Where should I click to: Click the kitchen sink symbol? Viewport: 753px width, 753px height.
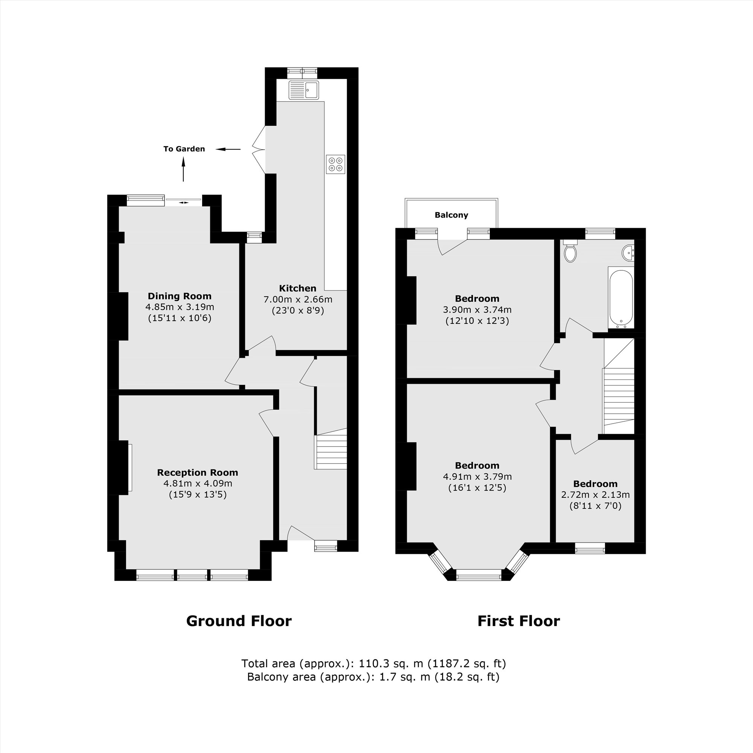tap(303, 90)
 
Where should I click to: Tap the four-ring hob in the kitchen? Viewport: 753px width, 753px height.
tap(335, 164)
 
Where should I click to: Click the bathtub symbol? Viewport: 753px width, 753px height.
tap(621, 298)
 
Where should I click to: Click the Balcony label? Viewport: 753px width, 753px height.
tap(451, 215)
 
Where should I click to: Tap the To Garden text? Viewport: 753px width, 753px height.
tap(184, 149)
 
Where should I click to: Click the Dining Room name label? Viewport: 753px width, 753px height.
tap(179, 296)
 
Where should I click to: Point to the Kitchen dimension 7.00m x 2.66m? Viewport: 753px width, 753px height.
tap(298, 300)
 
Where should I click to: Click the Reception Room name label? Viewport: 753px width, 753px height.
tap(197, 473)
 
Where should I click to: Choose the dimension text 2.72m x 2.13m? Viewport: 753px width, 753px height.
tap(595, 495)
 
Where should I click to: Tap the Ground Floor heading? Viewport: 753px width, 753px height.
tap(239, 621)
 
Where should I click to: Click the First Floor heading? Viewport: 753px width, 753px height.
tap(518, 621)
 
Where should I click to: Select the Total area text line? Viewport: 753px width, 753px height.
tap(373, 663)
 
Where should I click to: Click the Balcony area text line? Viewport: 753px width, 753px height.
tap(373, 677)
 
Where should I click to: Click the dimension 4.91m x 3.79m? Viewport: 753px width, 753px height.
tap(477, 477)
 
